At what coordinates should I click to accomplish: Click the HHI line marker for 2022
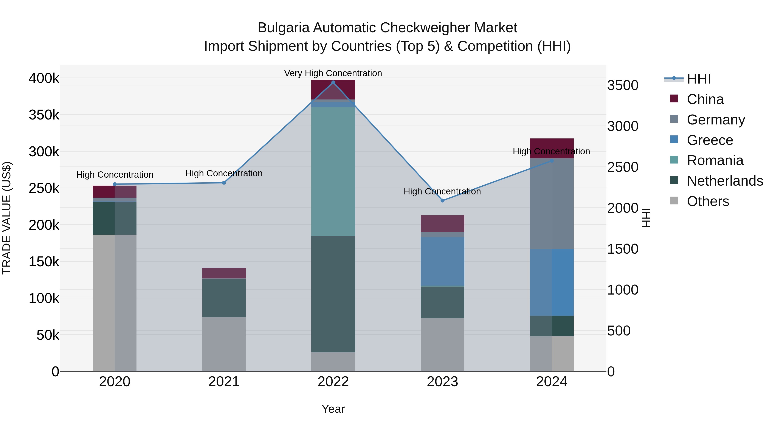click(333, 82)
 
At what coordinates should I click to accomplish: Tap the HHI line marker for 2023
click(442, 200)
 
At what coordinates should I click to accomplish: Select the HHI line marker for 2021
click(224, 183)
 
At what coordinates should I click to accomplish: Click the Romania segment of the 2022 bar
click(333, 172)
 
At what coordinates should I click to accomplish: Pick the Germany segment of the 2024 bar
click(552, 203)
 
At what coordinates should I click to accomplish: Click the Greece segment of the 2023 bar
click(442, 261)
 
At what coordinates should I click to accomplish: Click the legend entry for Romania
click(715, 160)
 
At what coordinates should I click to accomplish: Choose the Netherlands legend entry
click(725, 181)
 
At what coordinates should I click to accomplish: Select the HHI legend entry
click(699, 79)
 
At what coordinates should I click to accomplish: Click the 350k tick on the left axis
click(44, 115)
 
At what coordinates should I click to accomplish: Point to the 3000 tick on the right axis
click(622, 126)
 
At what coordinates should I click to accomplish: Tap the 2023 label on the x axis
click(442, 382)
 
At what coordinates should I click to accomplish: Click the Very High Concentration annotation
click(333, 73)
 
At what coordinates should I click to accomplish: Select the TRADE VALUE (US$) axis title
click(7, 218)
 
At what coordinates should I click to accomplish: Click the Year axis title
click(333, 409)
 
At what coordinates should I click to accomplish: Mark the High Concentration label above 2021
click(224, 173)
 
